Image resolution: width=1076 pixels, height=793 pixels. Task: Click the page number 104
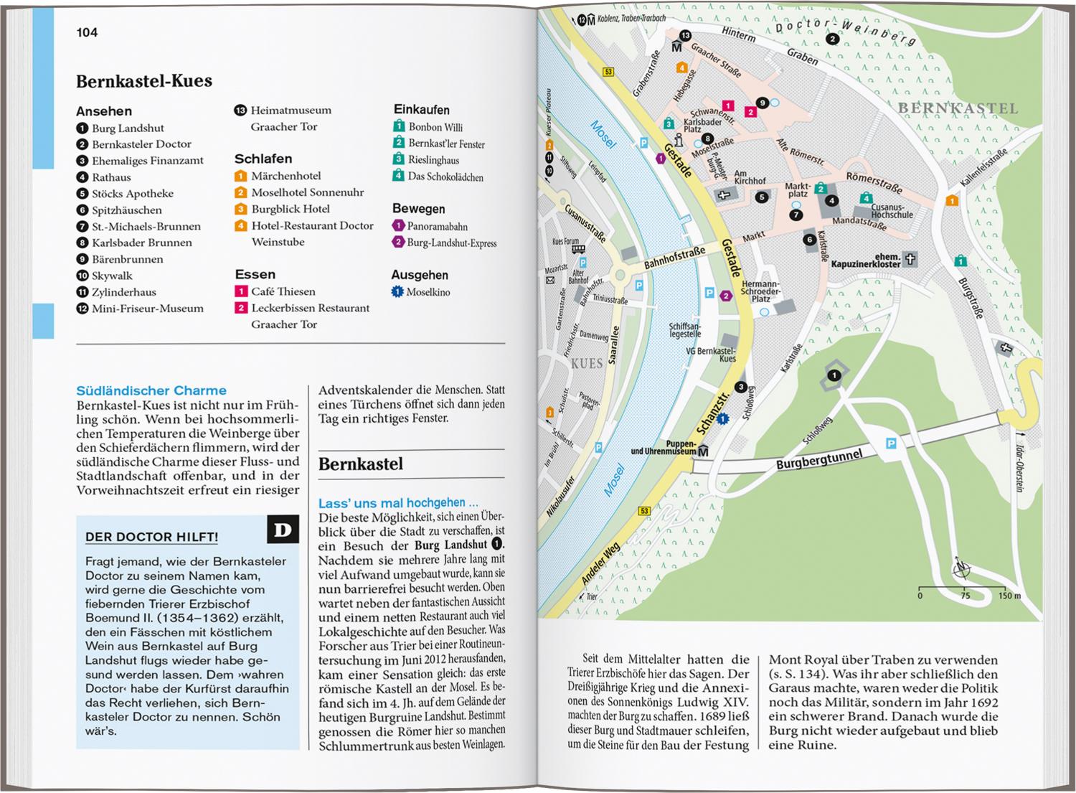pyautogui.click(x=87, y=32)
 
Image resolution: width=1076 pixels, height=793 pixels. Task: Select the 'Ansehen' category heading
pyautogui.click(x=104, y=111)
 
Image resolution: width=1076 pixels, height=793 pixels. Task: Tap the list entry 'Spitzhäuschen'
pyautogui.click(x=126, y=210)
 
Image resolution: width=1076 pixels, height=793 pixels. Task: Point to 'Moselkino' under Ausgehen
pyautogui.click(x=428, y=292)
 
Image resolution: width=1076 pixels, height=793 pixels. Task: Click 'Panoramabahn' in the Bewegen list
pyautogui.click(x=437, y=226)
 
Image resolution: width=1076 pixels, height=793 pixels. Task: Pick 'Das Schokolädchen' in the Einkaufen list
pyautogui.click(x=445, y=177)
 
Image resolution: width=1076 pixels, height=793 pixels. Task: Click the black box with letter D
pyautogui.click(x=283, y=530)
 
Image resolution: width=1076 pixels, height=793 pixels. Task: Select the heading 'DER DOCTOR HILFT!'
pyautogui.click(x=151, y=537)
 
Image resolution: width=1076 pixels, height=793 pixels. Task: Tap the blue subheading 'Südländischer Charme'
pyautogui.click(x=151, y=390)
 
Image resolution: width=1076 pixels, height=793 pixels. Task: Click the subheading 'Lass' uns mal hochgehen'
pyautogui.click(x=398, y=503)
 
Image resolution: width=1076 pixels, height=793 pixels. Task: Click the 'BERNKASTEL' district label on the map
pyautogui.click(x=958, y=108)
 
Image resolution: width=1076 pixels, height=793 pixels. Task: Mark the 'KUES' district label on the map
pyautogui.click(x=586, y=364)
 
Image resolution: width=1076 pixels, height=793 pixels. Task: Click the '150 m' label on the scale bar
pyautogui.click(x=1009, y=596)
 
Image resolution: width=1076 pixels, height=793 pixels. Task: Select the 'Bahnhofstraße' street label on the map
pyautogui.click(x=674, y=257)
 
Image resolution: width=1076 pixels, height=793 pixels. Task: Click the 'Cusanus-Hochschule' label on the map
pyautogui.click(x=892, y=210)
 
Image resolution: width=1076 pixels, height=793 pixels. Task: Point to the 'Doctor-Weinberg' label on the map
pyautogui.click(x=846, y=32)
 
